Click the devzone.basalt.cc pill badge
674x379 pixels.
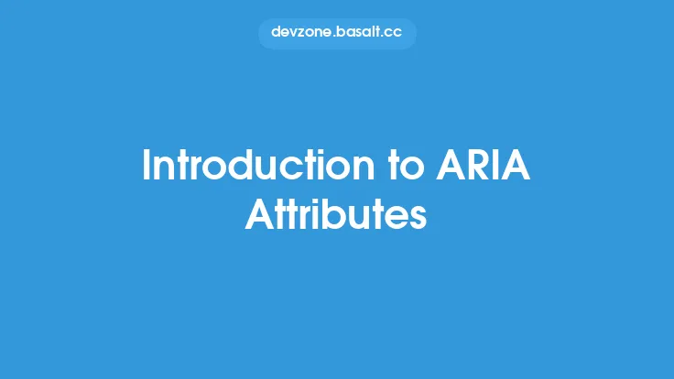[x=337, y=34]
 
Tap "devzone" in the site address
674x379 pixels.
[x=299, y=34]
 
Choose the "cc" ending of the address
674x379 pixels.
[x=392, y=34]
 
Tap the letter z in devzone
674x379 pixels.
[x=303, y=34]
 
